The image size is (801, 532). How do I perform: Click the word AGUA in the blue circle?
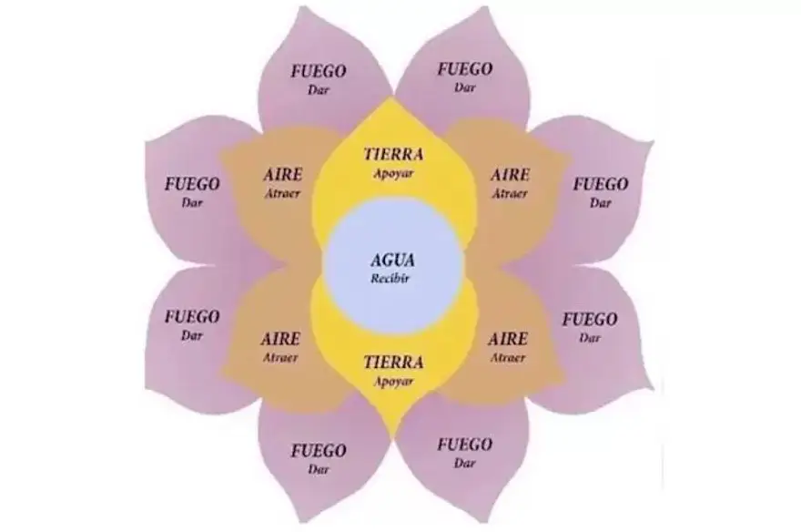point(392,261)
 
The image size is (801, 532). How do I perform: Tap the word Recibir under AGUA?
point(390,279)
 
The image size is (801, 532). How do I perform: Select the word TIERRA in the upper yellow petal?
point(393,154)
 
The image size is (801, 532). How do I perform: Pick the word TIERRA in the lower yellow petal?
point(393,363)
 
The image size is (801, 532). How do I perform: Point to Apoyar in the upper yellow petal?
point(393,174)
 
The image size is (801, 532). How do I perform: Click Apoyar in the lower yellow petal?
point(393,382)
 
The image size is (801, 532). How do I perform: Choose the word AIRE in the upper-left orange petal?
point(283,174)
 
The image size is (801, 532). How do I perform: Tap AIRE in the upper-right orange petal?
point(510,175)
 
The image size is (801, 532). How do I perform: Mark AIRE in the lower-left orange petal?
point(280,339)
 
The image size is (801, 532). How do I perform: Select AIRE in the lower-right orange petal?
point(508,339)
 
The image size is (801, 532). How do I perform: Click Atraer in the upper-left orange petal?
point(282,193)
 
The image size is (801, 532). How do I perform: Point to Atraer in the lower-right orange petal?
point(508,358)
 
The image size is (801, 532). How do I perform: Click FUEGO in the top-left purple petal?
point(319,71)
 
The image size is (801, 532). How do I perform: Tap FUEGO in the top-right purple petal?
point(465,68)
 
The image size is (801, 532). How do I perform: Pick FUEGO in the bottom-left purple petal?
point(319,451)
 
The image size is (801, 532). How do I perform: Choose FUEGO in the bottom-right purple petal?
point(465,445)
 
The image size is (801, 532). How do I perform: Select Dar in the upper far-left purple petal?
point(192,203)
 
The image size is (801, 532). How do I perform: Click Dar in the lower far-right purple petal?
point(590,338)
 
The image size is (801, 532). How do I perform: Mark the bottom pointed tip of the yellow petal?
point(393,439)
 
